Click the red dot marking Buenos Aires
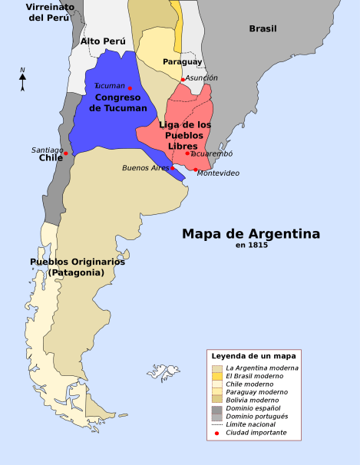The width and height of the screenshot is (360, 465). (173, 168)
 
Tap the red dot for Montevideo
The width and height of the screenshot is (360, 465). (196, 170)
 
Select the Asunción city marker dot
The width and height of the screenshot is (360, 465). (183, 79)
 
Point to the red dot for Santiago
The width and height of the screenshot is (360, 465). (66, 153)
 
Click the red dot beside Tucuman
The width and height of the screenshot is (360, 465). (130, 88)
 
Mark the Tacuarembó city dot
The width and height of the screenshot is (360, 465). (187, 153)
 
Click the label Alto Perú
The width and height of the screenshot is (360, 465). (102, 41)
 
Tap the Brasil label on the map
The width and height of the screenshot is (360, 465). (263, 28)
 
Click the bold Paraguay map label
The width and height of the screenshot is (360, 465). (182, 61)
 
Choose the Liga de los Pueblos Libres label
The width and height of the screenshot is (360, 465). (185, 135)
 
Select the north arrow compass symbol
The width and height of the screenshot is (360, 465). (23, 79)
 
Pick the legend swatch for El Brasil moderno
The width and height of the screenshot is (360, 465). (217, 376)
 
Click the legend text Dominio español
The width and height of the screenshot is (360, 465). (253, 408)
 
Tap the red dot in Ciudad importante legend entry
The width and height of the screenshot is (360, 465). (217, 433)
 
